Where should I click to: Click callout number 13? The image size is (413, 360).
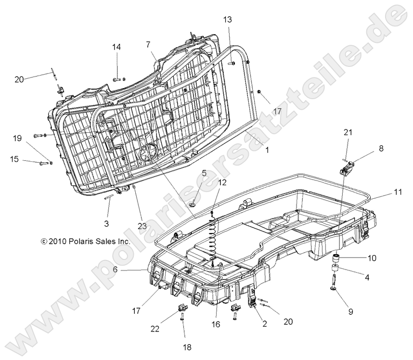click(x=228, y=19)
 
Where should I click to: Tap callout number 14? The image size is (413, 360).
click(x=117, y=47)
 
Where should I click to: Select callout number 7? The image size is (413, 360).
click(x=148, y=44)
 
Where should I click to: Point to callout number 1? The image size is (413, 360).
click(x=267, y=150)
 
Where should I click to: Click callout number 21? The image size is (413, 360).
click(x=348, y=132)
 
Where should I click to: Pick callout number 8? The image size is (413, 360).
click(x=381, y=149)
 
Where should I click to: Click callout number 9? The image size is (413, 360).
click(x=350, y=311)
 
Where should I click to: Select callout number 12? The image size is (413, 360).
click(x=221, y=182)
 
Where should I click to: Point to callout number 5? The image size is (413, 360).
click(x=204, y=172)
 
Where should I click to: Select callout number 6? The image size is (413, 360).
click(x=116, y=270)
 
